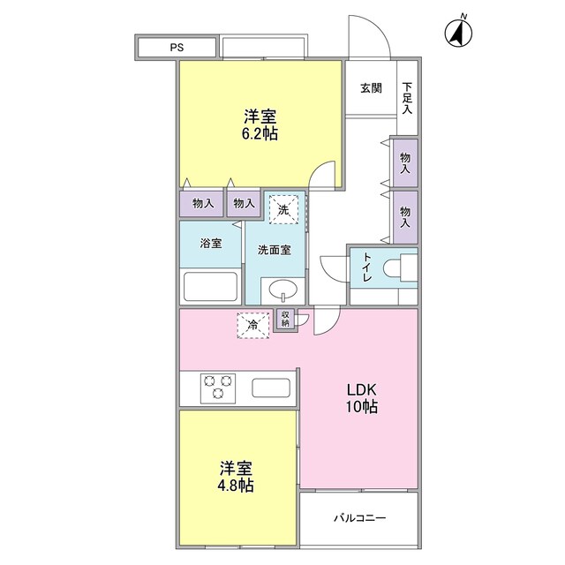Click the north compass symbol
coord(458,32)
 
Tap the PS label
coord(177,47)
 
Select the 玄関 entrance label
coord(371,88)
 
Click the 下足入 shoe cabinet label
coord(407,98)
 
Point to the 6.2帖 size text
coord(260,134)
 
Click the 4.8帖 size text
coord(236,486)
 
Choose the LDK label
coord(361,390)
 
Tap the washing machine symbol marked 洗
coord(283,209)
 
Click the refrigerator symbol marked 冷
coord(253,326)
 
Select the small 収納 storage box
coord(285,320)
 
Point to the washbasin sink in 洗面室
coord(283,290)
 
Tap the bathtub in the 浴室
coord(210,286)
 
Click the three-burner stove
coord(218,388)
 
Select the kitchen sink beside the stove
coord(271,388)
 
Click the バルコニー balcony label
coord(359,518)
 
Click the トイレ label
coord(367,267)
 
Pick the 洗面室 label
coord(275,250)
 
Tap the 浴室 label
coord(211,244)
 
